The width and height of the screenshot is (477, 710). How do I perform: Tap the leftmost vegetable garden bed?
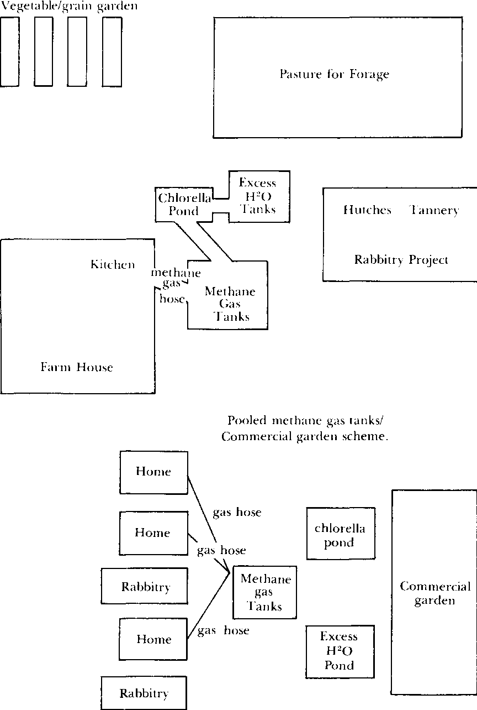[9, 51]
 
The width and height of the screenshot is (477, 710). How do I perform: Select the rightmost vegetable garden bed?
[112, 51]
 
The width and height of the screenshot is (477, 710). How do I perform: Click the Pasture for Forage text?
[334, 74]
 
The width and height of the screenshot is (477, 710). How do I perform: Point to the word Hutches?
[367, 210]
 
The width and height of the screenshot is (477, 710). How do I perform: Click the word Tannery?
[434, 210]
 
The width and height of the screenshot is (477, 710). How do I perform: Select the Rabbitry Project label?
[401, 259]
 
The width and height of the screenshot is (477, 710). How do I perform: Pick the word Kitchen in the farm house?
[113, 264]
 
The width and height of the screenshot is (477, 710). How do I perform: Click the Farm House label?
[77, 367]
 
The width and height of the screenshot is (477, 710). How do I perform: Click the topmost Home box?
[154, 472]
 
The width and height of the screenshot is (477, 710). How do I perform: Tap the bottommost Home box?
[154, 639]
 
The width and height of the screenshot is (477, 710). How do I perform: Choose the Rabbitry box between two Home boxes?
[146, 587]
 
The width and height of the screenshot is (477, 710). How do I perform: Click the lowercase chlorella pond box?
[340, 535]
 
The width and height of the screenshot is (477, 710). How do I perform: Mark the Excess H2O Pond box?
[340, 651]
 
